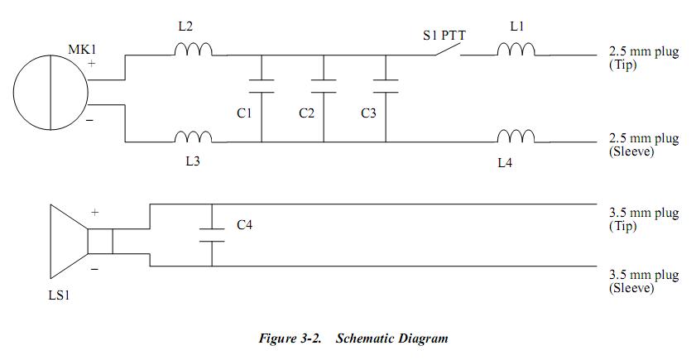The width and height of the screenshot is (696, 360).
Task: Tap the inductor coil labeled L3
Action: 194,137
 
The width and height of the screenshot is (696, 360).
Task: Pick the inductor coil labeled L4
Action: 516,137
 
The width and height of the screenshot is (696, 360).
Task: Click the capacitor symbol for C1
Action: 262,85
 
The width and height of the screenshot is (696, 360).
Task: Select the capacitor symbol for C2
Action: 324,85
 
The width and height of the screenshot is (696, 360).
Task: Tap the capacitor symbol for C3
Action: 386,85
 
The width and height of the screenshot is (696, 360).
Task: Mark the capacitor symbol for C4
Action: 213,235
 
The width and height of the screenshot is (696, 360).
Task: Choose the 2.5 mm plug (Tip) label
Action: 643,58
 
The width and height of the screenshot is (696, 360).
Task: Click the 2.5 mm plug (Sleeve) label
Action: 643,146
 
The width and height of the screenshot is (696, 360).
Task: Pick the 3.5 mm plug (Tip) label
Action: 643,218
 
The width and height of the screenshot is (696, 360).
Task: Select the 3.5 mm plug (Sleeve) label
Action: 643,281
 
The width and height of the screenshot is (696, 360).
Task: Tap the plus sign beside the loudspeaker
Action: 94,213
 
